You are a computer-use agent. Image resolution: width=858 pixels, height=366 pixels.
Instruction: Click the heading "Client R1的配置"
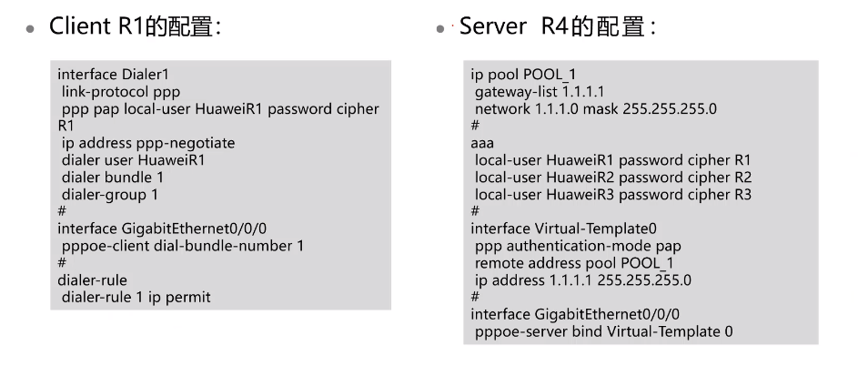(135, 26)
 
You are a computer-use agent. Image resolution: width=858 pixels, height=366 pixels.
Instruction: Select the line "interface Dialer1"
(115, 76)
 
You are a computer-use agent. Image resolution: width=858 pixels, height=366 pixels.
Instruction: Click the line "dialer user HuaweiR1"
(134, 158)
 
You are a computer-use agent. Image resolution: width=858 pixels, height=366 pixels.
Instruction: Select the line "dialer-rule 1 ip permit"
(144, 296)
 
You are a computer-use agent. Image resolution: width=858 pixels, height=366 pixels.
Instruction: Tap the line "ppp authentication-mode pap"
(578, 246)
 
